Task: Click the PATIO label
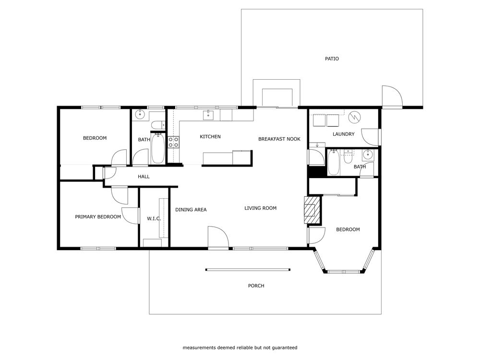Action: coord(332,59)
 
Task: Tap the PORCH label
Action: coord(256,286)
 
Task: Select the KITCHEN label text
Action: coord(210,137)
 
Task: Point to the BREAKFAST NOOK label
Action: coord(279,139)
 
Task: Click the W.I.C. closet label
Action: coord(154,219)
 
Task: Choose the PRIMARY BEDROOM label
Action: coord(98,217)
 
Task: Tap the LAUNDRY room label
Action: coord(343,134)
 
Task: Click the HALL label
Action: coord(144,177)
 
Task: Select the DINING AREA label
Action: coord(191,210)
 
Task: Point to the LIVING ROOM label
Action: coord(260,208)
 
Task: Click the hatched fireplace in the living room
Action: coord(312,210)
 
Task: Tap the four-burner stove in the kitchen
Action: coord(173,142)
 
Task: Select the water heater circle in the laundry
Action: coord(355,117)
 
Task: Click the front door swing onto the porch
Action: coord(217,238)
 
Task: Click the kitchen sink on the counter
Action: coord(209,114)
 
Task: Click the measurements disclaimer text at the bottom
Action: coord(240,348)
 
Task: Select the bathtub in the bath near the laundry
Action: coord(335,163)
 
